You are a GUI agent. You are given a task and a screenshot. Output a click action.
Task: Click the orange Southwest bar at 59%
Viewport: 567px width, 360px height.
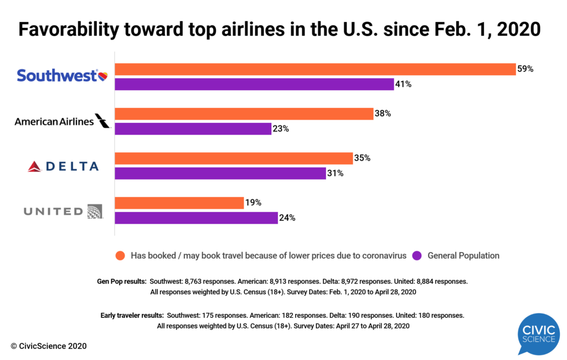coord(315,69)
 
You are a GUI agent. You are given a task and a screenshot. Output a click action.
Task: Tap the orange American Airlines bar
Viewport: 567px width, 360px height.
coord(244,114)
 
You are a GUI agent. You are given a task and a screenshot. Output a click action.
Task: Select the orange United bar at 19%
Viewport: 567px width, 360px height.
coord(179,203)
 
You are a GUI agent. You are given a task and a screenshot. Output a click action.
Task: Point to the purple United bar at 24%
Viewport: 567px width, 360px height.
coord(196,218)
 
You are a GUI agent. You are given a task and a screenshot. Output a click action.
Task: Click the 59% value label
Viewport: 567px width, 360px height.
coord(525,69)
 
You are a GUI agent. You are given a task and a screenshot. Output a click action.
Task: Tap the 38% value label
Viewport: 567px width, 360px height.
coord(383,114)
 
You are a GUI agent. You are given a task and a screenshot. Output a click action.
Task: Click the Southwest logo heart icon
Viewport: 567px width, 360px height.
coord(103,75)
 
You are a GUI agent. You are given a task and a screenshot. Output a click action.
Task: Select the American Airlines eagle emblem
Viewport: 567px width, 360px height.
coord(102,120)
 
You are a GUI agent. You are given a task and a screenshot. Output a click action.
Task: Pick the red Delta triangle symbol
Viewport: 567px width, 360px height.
coord(35,166)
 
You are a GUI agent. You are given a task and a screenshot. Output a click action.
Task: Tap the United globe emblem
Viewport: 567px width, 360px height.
coord(95,210)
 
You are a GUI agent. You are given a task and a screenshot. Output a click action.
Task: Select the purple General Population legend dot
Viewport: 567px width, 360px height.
coord(417,255)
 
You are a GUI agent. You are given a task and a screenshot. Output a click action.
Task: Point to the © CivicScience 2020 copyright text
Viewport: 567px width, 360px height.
coord(49,346)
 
